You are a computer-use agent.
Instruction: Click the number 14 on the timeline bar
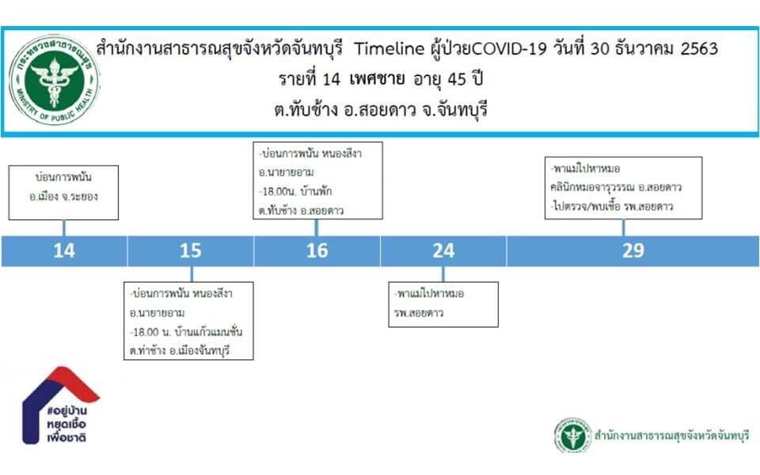coord(64,251)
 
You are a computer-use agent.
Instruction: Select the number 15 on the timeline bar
coord(191,251)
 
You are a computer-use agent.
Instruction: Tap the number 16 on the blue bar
coord(317,251)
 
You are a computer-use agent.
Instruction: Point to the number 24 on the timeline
coord(443,251)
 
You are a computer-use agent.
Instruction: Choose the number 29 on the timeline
coord(633,251)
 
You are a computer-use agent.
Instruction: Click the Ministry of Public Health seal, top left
coord(54,80)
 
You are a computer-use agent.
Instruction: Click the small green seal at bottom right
coord(572,435)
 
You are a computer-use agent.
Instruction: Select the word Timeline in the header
coord(389,48)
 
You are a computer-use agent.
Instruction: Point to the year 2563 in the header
coord(699,48)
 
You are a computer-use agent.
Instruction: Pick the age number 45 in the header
coord(457,79)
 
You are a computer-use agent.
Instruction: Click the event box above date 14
coord(63,193)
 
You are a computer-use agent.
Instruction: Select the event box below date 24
coord(443,304)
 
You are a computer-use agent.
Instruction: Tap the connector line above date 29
coord(623,228)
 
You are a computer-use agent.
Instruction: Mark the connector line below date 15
coord(192,274)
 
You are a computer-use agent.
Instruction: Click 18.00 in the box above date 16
coord(275,192)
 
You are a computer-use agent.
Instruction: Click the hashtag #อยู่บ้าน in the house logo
coord(66,411)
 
